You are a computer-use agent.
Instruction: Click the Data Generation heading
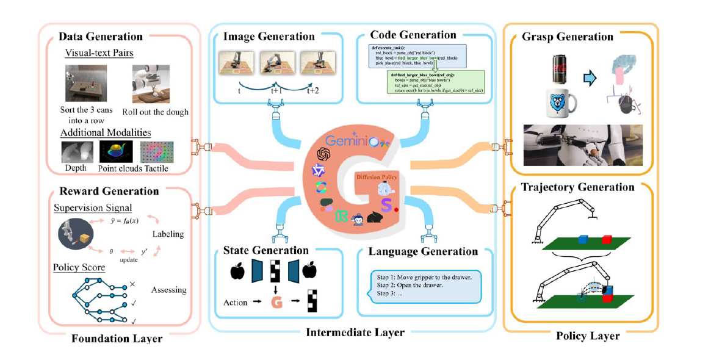pos(101,37)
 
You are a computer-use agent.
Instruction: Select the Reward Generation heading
pos(109,191)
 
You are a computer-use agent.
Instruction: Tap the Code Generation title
pos(413,35)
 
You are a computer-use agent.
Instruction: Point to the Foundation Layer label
pos(117,338)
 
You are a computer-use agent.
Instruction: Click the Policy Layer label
pos(588,336)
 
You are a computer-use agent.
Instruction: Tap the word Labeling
pos(167,234)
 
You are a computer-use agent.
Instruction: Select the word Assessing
pos(168,290)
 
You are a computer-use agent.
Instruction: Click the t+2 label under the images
pos(312,90)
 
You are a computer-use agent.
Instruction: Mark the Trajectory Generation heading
pos(577,187)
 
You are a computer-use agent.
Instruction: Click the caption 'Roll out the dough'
pos(155,112)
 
